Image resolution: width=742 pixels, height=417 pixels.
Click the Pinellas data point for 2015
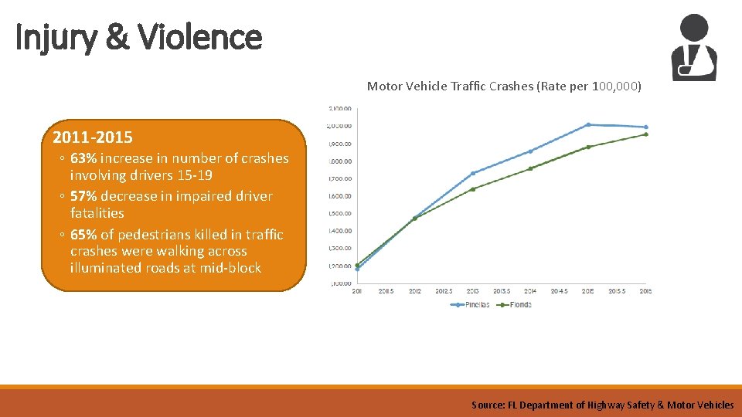point(588,124)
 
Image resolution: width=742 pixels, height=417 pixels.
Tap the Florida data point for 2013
point(473,188)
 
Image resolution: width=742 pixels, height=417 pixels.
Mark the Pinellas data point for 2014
point(530,151)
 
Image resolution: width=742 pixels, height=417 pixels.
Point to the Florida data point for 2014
point(530,168)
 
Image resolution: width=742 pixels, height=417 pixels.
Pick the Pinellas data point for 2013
point(473,173)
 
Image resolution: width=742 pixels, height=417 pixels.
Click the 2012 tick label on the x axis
point(414,291)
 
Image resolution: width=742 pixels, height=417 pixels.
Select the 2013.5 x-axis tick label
point(501,291)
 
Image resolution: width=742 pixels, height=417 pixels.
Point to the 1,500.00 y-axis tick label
point(340,213)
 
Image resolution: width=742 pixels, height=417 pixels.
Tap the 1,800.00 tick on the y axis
point(340,161)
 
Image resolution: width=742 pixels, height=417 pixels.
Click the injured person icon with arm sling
point(693,48)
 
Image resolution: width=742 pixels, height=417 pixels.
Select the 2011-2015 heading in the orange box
point(93,138)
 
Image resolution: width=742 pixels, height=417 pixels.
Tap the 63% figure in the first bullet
point(83,158)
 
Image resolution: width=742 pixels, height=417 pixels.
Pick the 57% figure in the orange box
point(83,196)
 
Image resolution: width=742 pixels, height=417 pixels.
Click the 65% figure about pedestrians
point(83,235)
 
